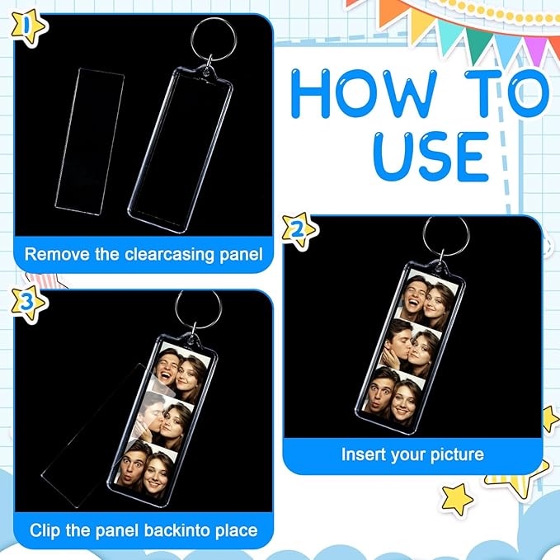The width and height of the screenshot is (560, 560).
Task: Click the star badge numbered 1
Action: click(28, 27)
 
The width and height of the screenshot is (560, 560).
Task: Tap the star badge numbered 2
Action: click(299, 231)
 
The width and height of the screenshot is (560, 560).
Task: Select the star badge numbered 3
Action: click(28, 303)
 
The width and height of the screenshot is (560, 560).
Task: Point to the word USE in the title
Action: click(431, 157)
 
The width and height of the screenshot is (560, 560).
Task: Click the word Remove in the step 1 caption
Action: click(57, 255)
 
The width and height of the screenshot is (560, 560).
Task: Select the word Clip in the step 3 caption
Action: click(45, 530)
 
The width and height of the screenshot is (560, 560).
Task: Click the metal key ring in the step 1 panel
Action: click(214, 40)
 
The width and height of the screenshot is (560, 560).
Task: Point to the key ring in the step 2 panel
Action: click(446, 236)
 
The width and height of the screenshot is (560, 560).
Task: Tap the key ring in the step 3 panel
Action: click(198, 309)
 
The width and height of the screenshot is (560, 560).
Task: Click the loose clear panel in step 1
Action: click(89, 142)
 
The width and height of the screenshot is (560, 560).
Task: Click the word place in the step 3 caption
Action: click(237, 531)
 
